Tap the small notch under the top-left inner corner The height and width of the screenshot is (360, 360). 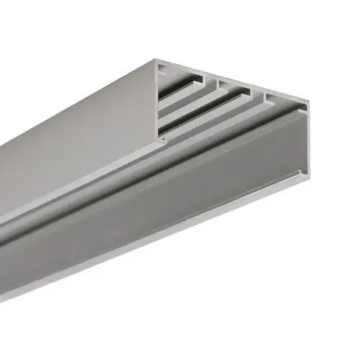(163, 72)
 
